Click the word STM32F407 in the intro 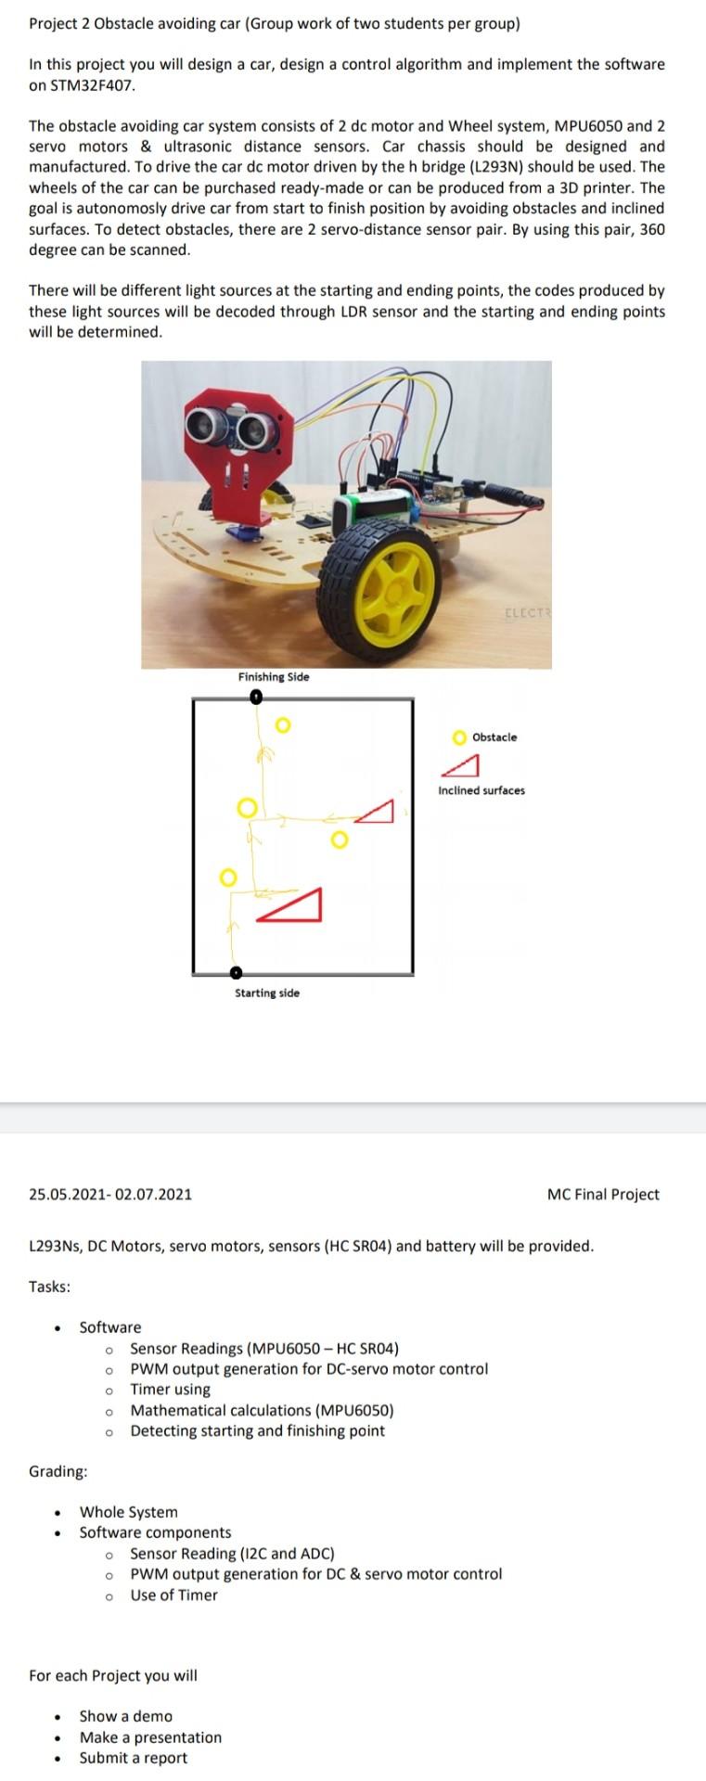point(83,85)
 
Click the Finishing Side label point(274,677)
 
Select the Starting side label point(267,993)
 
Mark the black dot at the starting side point(236,972)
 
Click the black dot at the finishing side point(256,701)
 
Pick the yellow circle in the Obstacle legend point(459,737)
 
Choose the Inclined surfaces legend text point(481,790)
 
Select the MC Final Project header point(603,1195)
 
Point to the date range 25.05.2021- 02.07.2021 point(110,1195)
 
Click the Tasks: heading point(50,1287)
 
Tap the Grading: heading point(58,1471)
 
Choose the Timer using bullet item point(170,1390)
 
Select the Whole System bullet point(128,1512)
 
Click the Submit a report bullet point(133,1758)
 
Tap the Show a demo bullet point(125,1716)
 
